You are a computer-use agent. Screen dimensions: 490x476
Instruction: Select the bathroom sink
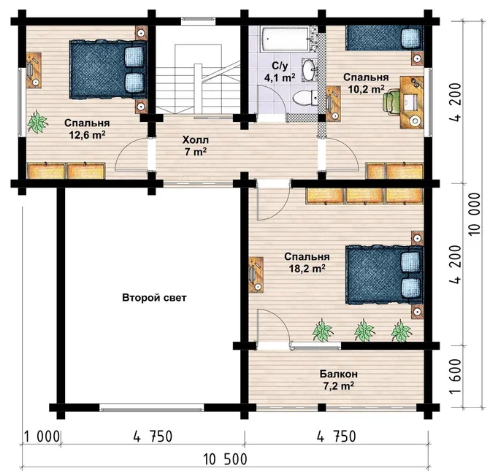coord(310,69)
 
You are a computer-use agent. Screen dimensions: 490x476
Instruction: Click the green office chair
coord(391,101)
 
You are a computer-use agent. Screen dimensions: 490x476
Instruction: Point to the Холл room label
coord(195,139)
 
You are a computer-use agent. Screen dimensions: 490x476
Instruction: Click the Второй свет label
coord(154,298)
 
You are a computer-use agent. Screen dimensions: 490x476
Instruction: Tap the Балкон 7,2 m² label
coord(338,380)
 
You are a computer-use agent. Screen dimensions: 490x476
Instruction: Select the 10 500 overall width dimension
coord(225,459)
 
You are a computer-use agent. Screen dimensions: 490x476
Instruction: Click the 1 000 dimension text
coord(42,437)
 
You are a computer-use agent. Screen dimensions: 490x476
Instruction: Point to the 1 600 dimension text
coord(456,377)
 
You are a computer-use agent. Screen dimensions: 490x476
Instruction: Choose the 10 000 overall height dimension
coord(475,214)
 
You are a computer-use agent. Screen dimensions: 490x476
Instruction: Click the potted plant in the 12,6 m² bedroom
coord(37,121)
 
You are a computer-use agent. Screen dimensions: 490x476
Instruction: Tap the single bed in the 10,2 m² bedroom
coord(384,38)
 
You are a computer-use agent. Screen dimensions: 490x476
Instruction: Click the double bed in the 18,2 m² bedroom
coord(384,275)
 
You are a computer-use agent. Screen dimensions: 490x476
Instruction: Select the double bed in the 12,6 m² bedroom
coord(108,69)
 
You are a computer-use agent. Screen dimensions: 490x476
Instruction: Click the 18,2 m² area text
coord(307,268)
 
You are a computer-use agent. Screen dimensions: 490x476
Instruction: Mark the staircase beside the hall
coord(198,79)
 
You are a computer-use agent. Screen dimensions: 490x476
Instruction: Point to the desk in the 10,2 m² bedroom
coord(412,102)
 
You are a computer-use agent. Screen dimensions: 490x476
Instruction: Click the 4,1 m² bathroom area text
coord(280,77)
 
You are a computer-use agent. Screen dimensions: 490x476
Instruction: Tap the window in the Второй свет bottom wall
coord(152,407)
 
